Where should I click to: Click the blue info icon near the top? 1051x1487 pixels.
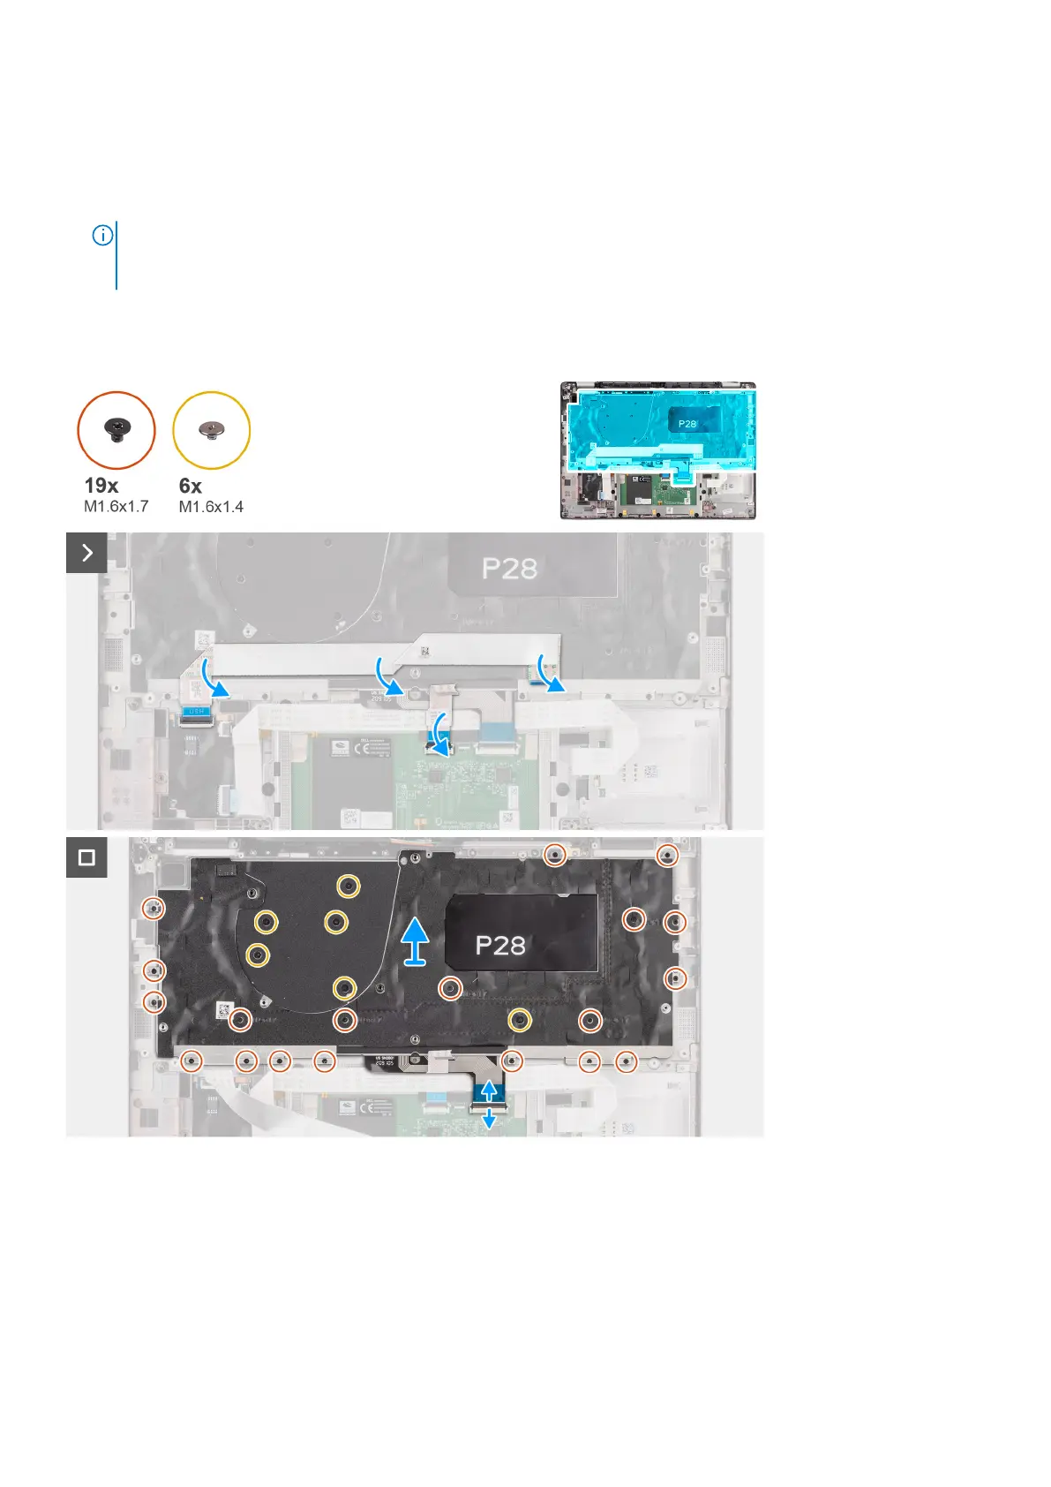102,236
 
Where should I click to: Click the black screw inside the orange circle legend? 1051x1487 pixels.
117,429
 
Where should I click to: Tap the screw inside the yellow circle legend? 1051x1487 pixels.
212,430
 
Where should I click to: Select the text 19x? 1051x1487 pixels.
101,486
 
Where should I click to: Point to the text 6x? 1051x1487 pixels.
191,486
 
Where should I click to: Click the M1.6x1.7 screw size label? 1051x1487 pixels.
116,507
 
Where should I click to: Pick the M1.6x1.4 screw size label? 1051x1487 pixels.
211,507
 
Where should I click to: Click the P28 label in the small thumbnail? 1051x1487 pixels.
687,424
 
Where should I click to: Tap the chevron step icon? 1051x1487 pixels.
86,553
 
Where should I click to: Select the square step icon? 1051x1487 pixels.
86,857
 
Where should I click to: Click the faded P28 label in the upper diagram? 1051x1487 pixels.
509,569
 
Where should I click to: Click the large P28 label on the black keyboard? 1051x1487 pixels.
500,946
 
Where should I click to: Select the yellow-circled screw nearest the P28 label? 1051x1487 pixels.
521,1021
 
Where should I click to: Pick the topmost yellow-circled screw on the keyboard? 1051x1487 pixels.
349,885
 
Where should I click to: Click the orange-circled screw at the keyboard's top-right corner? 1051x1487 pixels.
667,855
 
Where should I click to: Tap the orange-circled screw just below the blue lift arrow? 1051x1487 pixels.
450,988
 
